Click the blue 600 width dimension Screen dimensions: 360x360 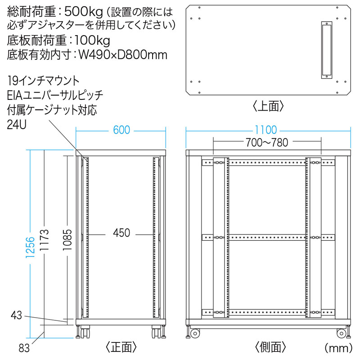[121, 130]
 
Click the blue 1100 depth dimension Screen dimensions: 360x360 [266, 130]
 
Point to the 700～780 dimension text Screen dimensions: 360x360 [267, 142]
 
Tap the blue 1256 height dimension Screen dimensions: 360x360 [30, 247]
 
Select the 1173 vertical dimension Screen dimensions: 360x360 [44, 240]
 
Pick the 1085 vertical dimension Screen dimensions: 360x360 [67, 240]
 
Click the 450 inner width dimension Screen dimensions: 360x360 [121, 233]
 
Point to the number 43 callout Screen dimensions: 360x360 [16, 315]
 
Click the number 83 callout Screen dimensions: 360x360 [24, 348]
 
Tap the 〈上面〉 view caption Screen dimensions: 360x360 [268, 106]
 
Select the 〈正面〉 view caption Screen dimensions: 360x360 [121, 347]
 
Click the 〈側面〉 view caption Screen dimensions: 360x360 [270, 347]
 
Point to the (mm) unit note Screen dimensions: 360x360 [338, 348]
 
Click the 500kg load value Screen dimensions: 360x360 [83, 12]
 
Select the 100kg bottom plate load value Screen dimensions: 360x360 [92, 40]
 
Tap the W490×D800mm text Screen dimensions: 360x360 [123, 55]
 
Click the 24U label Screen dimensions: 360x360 [17, 125]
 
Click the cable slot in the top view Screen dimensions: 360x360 [327, 50]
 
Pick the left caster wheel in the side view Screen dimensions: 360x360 [195, 333]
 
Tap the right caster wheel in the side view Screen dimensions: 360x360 [341, 333]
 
